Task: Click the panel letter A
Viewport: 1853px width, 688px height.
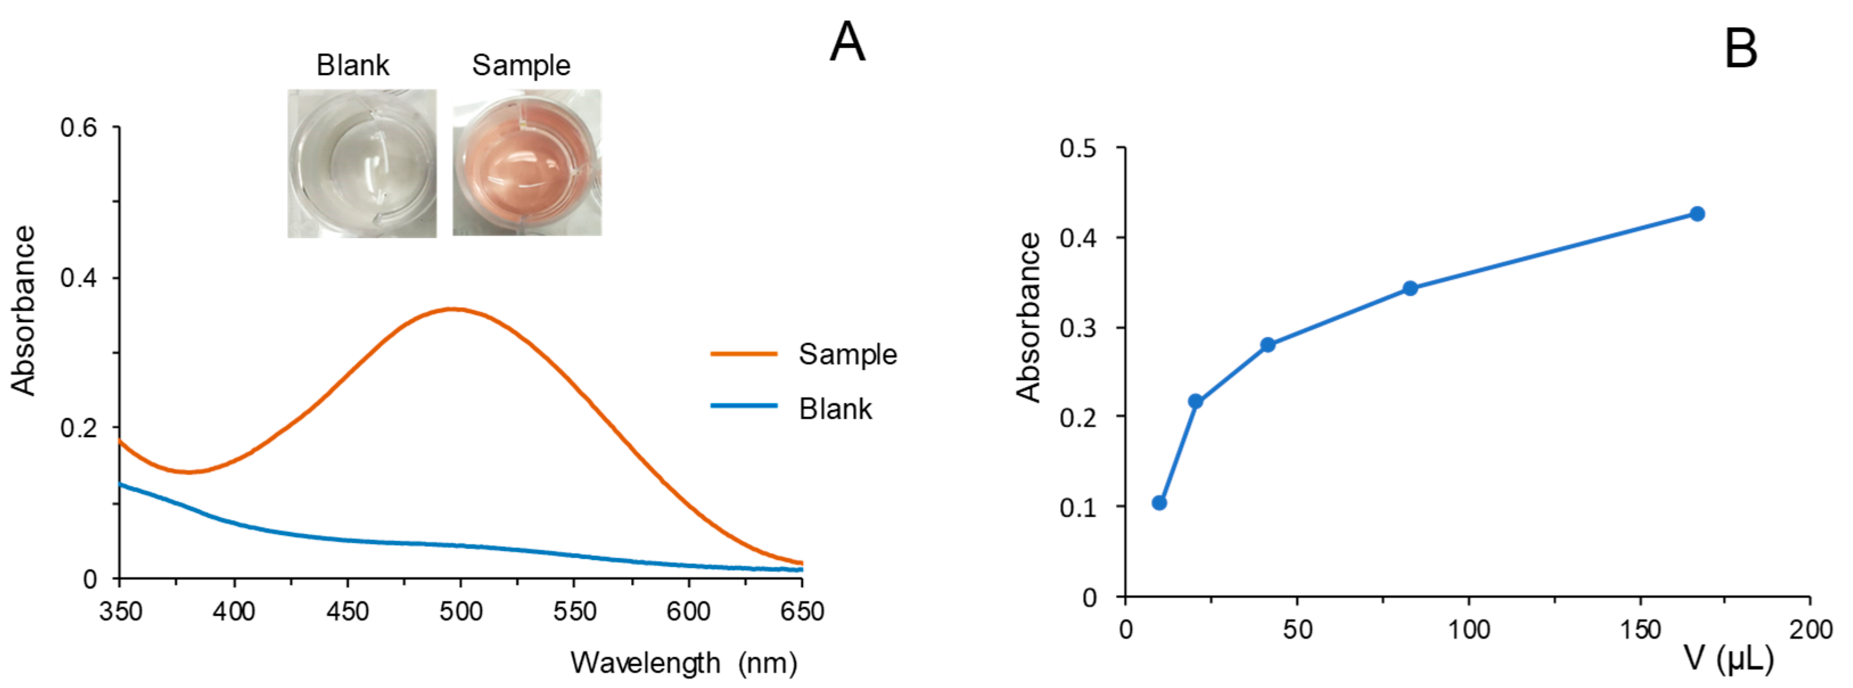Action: coord(847,43)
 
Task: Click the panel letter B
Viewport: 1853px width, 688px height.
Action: coord(1741,50)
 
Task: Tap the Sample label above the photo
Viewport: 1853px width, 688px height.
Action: coord(521,65)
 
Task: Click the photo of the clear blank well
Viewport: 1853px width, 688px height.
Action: coord(362,163)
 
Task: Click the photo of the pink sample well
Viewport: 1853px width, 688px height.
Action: coord(526,163)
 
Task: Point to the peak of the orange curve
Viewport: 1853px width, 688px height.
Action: coord(453,309)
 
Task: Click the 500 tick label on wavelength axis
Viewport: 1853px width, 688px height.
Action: coord(460,612)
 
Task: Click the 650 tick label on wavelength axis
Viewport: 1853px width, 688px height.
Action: coord(801,612)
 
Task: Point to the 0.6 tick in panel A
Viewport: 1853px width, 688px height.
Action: coord(79,128)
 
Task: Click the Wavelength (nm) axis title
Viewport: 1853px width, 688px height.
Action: coord(683,663)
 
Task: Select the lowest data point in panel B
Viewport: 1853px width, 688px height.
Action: coord(1159,502)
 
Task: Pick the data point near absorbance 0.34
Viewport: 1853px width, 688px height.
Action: coord(1410,289)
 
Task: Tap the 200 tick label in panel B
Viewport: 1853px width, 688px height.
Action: coord(1810,630)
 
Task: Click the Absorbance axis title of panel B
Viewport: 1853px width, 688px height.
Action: coord(1028,317)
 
